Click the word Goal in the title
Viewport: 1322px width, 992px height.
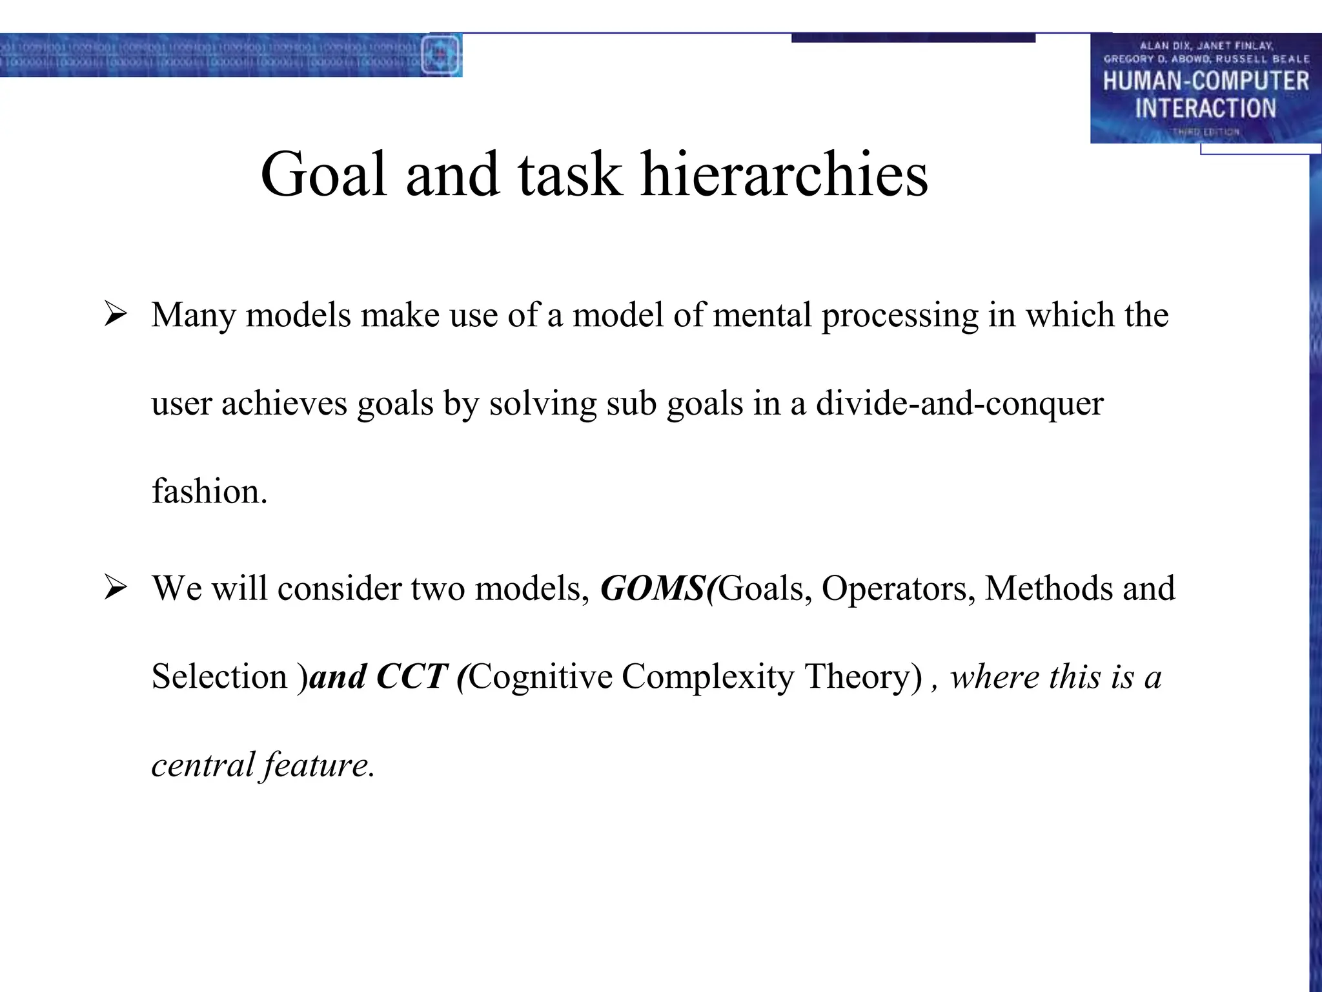pos(323,174)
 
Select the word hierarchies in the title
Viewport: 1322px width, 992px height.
pos(784,174)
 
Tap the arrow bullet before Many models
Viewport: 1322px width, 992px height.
pos(116,315)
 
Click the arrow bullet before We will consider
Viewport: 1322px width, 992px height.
pos(116,588)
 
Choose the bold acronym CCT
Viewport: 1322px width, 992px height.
pos(411,677)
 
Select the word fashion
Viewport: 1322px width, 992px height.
pos(208,491)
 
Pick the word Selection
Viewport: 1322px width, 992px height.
pos(219,677)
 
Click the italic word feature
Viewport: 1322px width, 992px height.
pos(318,765)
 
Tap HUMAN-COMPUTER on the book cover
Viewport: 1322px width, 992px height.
pos(1205,81)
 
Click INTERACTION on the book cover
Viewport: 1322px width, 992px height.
pos(1205,108)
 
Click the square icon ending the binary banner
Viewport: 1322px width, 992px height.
pos(441,55)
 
